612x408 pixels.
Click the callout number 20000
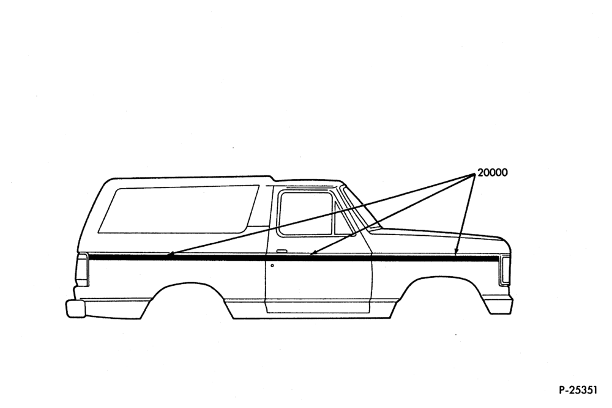pos(493,173)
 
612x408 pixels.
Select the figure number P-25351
pos(578,390)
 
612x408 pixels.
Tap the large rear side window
pos(179,209)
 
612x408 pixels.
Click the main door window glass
pos(305,214)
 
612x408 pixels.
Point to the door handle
pos(281,250)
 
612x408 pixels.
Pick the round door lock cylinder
pos(272,265)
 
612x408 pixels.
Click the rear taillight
pos(83,270)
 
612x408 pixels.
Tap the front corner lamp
pos(505,270)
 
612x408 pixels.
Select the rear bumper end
pos(75,308)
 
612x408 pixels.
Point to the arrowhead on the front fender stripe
pos(456,252)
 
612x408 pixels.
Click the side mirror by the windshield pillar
pos(353,234)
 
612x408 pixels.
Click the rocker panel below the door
pos(317,306)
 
